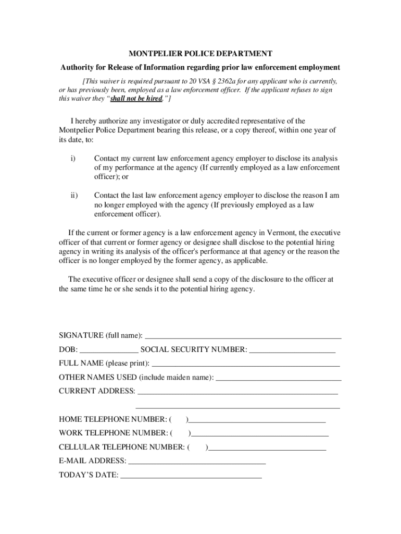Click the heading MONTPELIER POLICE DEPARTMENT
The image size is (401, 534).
click(200, 54)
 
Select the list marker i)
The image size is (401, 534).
click(73, 158)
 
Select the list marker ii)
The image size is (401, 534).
click(74, 196)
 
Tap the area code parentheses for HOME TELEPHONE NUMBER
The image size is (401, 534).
click(179, 419)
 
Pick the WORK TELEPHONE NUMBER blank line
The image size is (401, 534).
click(260, 433)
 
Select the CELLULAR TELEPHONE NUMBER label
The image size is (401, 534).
click(121, 447)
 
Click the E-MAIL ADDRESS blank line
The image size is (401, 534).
click(197, 462)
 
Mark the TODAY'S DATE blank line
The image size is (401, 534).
click(191, 476)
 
